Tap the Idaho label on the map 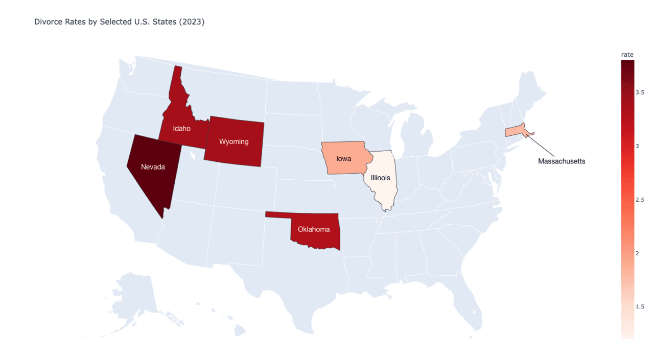[x=181, y=129]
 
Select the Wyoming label [x=233, y=141]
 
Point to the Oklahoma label [x=314, y=229]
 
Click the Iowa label [x=344, y=158]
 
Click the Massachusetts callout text [x=562, y=161]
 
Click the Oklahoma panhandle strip [x=278, y=214]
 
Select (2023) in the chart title [x=193, y=22]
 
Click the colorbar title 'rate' [x=627, y=55]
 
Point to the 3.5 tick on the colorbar [x=640, y=92]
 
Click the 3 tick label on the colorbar [x=637, y=146]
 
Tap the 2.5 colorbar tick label [x=640, y=200]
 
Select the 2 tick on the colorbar [x=637, y=253]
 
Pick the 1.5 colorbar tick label [x=640, y=307]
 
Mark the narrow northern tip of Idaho [x=178, y=74]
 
